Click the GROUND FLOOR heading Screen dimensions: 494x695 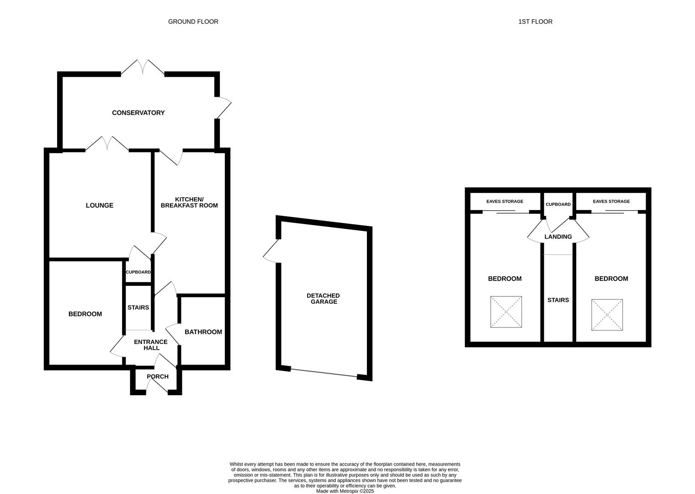tap(193, 21)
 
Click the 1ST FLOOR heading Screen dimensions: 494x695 tap(535, 21)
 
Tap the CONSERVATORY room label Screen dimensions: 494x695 tap(138, 113)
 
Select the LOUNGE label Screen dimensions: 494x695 tap(100, 205)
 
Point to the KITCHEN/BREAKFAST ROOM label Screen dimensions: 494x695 tap(189, 202)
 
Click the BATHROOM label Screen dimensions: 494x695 tap(203, 332)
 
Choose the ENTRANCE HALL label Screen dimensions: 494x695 tap(150, 345)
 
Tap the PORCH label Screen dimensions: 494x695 tap(157, 376)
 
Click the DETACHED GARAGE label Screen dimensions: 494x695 tap(323, 298)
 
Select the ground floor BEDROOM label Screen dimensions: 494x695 tap(85, 314)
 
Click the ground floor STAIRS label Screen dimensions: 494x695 tap(138, 307)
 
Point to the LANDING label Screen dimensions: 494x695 tap(558, 236)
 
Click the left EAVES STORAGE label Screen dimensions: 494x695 tap(504, 201)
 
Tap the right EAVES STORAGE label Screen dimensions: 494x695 tap(611, 201)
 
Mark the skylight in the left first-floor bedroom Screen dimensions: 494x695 tap(506, 311)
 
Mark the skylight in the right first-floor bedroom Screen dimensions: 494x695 tap(607, 315)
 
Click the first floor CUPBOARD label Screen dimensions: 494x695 tap(558, 204)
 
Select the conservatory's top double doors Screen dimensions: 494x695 tap(143, 67)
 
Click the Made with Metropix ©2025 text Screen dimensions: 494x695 tap(345, 491)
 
